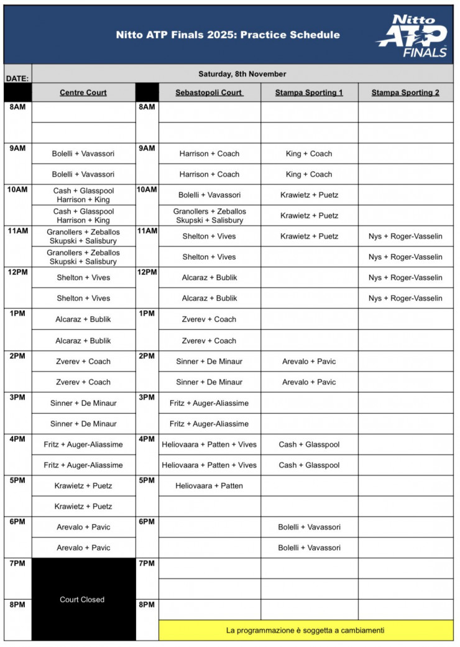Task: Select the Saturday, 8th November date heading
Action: click(x=242, y=74)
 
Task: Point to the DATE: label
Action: click(x=17, y=79)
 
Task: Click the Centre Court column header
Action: click(x=83, y=93)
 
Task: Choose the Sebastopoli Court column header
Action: click(x=209, y=93)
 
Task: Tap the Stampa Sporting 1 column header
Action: click(x=309, y=93)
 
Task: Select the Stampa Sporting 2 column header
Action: click(x=405, y=93)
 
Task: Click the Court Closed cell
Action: click(x=82, y=600)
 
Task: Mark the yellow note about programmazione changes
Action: click(x=305, y=630)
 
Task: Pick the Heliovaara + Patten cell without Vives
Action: click(x=209, y=485)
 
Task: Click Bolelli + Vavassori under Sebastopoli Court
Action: click(x=209, y=195)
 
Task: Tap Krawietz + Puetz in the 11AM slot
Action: click(x=309, y=236)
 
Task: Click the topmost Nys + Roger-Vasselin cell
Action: click(x=405, y=236)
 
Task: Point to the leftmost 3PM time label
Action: click(x=17, y=397)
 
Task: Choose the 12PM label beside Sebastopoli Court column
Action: click(x=147, y=273)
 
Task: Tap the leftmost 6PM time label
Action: click(x=17, y=521)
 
